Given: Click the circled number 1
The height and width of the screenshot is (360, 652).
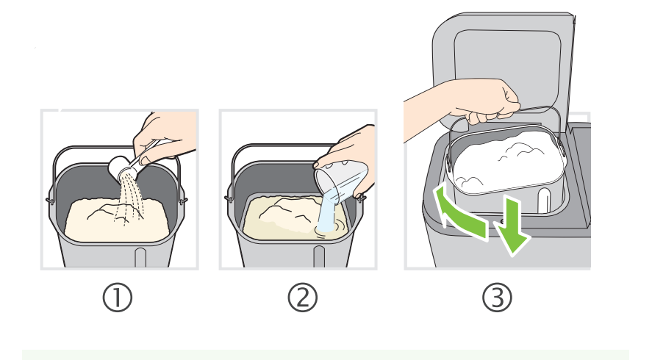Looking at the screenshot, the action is [118, 298].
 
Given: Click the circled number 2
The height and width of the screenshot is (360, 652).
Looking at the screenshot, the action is [303, 298].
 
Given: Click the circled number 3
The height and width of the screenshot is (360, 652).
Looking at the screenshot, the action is [498, 298].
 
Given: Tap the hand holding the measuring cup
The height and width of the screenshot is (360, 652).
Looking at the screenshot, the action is [351, 158].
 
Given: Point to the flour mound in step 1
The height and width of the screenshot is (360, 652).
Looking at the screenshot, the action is [117, 220].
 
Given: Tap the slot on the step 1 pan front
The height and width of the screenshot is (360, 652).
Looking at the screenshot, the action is [140, 258].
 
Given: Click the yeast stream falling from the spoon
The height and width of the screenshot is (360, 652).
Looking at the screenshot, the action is [129, 201].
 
